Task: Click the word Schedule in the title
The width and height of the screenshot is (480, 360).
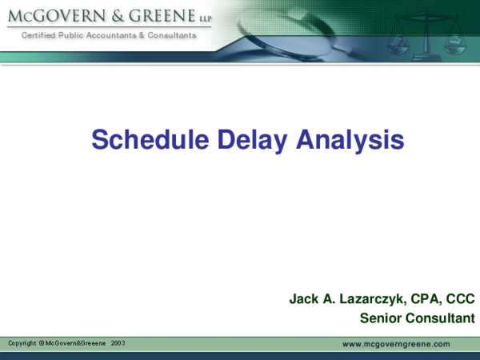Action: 141,140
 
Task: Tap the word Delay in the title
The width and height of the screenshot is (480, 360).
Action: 245,140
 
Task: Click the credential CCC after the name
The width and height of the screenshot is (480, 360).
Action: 460,299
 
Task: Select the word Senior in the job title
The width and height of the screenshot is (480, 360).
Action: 380,318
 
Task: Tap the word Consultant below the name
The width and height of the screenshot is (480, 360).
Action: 438,318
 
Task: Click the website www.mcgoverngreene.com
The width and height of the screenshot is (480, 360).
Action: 396,344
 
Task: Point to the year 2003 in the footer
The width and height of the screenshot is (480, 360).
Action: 118,343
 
